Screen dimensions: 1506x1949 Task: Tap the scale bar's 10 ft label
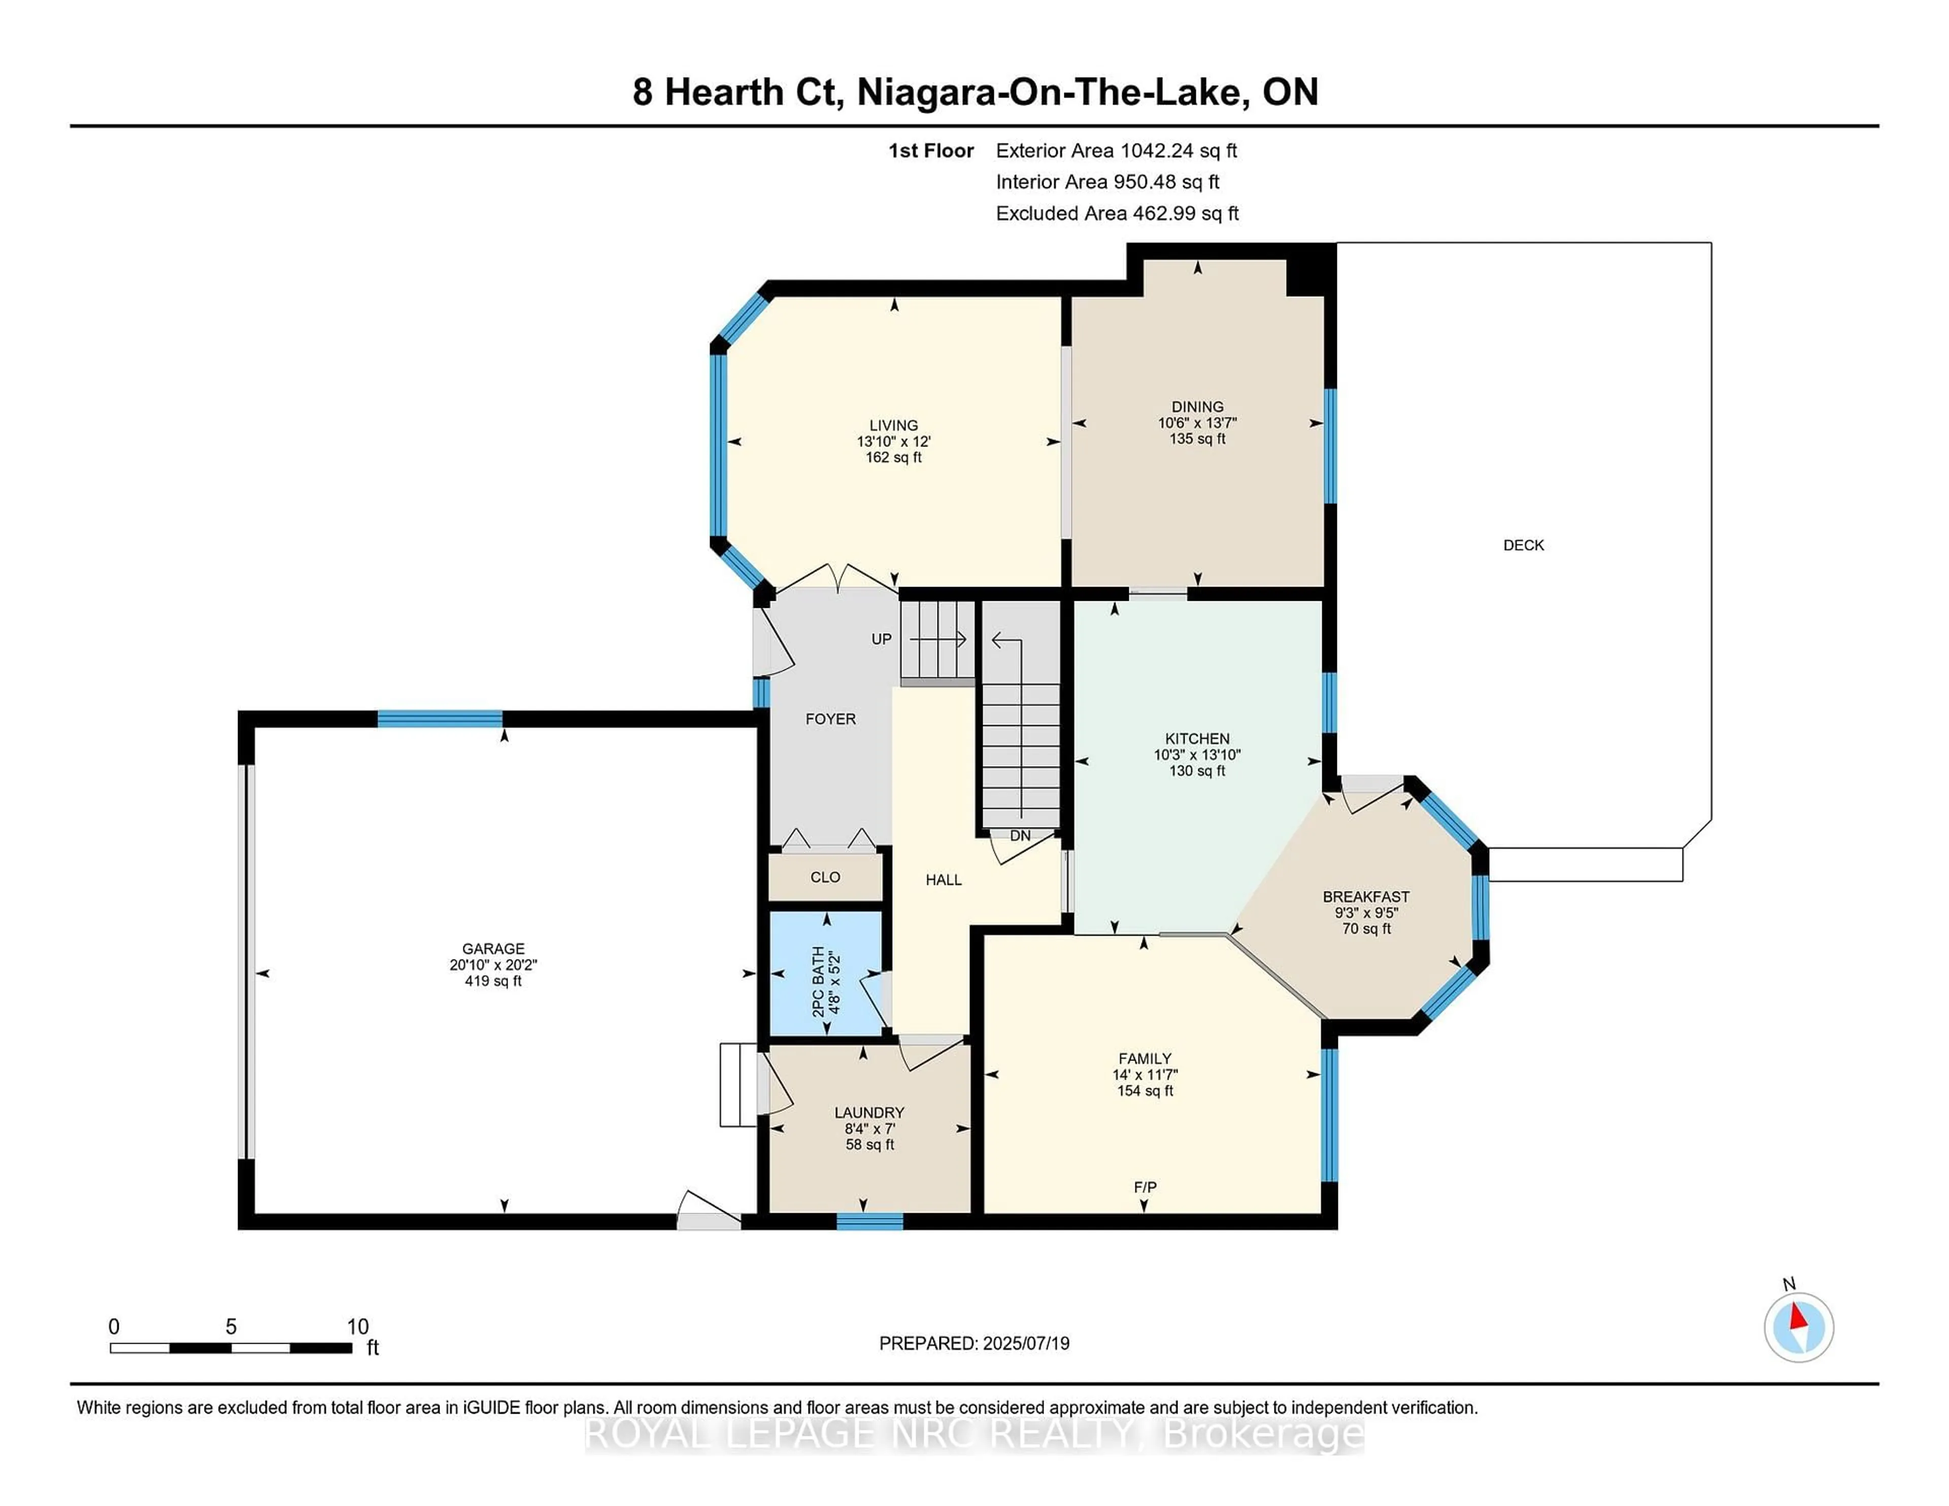point(358,1327)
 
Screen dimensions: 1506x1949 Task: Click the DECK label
point(1523,545)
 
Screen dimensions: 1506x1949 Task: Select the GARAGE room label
point(493,948)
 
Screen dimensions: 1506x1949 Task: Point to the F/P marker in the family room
point(1145,1187)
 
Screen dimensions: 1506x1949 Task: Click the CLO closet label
point(825,877)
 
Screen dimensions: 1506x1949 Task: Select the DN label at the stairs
point(1020,836)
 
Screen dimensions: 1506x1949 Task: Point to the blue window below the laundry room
point(869,1221)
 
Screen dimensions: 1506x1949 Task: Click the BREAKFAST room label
point(1365,897)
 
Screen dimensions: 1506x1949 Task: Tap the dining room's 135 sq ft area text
point(1198,439)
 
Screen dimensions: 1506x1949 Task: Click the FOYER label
point(830,719)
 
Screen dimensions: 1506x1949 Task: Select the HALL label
point(943,880)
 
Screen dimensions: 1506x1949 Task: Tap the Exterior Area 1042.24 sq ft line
point(1116,151)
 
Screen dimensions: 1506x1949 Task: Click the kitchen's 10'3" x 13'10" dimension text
point(1197,755)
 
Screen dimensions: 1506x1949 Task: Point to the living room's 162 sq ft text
point(893,458)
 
